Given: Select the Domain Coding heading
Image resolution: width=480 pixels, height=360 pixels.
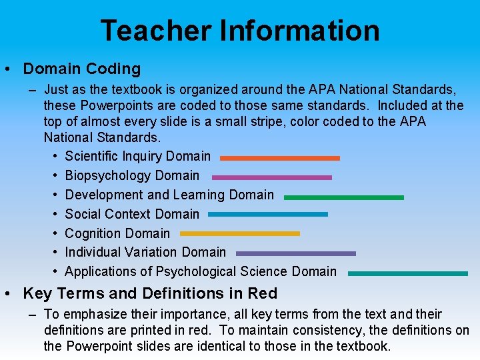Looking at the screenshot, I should point(82,69).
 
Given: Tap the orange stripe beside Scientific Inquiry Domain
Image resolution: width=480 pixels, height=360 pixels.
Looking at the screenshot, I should point(279,158).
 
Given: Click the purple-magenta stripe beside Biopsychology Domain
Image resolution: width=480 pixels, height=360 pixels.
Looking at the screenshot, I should point(271,177).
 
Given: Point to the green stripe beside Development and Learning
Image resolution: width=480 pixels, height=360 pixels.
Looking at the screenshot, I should point(343,197).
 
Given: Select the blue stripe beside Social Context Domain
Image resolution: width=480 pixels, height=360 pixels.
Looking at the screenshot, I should point(267,215).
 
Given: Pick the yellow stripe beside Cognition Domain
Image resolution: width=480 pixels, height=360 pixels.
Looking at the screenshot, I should point(239,233).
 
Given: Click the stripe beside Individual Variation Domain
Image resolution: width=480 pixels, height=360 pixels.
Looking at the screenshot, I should point(295,253).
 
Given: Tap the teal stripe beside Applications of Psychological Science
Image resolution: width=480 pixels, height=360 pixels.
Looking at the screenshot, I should point(407,273).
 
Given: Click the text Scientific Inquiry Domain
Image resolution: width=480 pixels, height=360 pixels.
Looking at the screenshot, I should point(137,157).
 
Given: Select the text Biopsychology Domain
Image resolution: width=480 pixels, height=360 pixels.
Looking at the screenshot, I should point(132,176).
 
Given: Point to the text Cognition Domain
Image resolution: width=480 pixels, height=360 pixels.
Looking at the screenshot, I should point(117,233).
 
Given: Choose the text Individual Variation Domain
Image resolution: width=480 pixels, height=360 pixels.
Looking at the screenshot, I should point(145,253).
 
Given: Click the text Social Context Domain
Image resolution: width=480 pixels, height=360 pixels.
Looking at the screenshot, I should point(132,214).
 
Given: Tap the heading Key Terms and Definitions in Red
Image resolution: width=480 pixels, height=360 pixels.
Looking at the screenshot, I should point(150,293).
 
